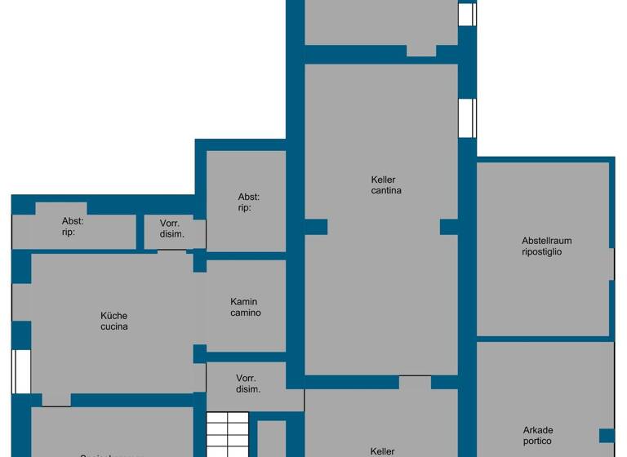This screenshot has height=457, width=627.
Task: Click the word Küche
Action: tap(114, 316)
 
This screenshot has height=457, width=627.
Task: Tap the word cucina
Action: tap(114, 326)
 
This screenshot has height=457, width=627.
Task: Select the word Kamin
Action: tap(244, 302)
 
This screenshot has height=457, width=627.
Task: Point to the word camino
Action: tap(246, 313)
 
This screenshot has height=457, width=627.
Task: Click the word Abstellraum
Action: tap(546, 241)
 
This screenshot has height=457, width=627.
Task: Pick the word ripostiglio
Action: tap(542, 252)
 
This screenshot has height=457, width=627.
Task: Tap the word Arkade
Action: tap(538, 430)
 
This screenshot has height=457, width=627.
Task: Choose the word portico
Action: tap(538, 441)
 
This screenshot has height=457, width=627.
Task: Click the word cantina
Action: tap(385, 191)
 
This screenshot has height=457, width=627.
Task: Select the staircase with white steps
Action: tap(226, 434)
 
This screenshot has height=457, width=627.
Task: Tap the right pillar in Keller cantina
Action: tap(449, 227)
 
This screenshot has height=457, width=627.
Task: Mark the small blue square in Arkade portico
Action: tap(606, 435)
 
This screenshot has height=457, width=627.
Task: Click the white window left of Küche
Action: tap(22, 371)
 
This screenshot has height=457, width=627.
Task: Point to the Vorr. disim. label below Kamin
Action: tap(247, 384)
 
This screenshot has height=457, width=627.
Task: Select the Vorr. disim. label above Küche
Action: tap(171, 228)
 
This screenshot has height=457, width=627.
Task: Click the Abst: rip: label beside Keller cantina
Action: tap(249, 202)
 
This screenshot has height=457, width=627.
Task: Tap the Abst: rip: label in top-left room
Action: tap(73, 226)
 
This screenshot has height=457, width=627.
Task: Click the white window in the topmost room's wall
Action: tap(466, 14)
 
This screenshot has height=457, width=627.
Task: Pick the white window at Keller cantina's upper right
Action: tap(466, 118)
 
